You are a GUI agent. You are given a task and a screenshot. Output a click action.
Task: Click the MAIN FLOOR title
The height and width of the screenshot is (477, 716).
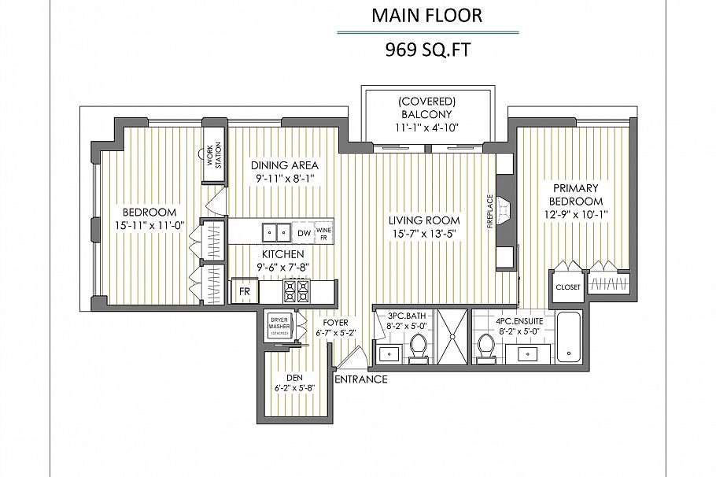[427, 15]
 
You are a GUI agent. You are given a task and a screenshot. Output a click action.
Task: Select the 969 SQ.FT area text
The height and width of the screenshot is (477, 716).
[427, 50]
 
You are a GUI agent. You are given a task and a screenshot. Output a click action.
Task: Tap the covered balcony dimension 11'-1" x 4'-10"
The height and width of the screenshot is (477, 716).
[427, 128]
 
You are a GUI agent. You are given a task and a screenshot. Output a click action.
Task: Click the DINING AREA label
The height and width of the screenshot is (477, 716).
[285, 165]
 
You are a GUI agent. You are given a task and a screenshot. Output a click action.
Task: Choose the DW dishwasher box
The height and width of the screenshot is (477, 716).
[304, 233]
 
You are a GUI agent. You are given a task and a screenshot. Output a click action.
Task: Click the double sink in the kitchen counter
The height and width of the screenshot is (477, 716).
[276, 232]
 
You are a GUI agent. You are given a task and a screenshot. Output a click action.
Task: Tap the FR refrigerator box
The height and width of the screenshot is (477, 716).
[244, 291]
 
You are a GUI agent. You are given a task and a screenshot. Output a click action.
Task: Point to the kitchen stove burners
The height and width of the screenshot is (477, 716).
[298, 291]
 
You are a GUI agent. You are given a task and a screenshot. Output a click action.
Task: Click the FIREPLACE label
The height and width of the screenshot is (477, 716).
[489, 211]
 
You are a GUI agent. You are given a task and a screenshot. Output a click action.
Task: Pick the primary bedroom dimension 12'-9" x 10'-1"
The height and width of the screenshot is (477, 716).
[575, 213]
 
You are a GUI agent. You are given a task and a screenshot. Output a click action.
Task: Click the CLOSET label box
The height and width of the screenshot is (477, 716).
[567, 287]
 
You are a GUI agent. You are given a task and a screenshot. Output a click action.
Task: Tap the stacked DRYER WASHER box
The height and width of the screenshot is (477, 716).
[279, 325]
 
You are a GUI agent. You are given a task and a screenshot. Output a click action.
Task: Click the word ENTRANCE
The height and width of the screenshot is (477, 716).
[361, 379]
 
